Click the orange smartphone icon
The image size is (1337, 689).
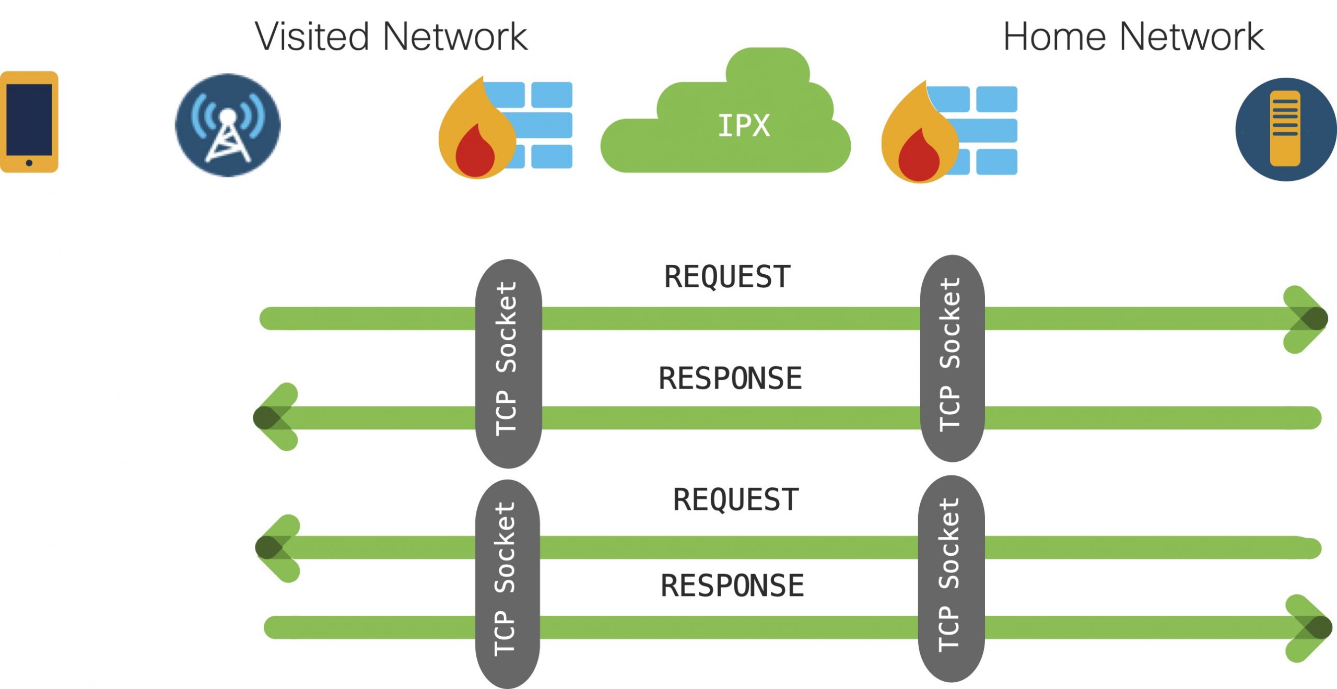pos(29,122)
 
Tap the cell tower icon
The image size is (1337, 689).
pos(228,125)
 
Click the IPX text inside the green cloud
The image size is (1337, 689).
pos(744,126)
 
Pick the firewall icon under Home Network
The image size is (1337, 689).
pos(949,131)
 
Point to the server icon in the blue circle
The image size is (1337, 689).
pos(1285,129)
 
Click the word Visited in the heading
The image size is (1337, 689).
pos(312,37)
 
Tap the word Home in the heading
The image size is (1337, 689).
pos(1054,37)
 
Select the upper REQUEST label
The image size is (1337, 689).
pos(727,277)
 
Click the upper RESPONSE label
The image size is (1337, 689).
pos(730,378)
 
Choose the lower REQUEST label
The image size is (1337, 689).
pos(736,499)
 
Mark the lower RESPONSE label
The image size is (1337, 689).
pos(732,585)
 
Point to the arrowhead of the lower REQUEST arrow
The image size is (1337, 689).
pos(274,547)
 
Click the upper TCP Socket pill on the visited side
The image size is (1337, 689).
pos(508,363)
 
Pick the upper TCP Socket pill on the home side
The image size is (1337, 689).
pos(952,358)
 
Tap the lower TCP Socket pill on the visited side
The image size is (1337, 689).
pos(507,583)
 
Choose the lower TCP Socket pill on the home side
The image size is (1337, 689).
pos(951,578)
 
